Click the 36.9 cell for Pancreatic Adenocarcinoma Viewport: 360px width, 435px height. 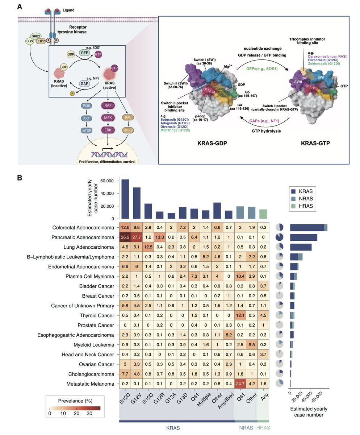(125, 237)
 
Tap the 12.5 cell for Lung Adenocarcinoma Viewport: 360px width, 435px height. (148, 247)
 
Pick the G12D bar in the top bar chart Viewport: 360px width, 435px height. (125, 199)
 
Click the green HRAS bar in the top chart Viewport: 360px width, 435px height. (263, 214)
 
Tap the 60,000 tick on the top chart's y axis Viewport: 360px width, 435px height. (107, 181)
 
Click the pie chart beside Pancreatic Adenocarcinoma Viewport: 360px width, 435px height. (279, 237)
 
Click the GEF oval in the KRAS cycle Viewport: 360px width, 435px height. (85, 53)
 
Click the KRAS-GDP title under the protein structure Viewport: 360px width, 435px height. (212, 143)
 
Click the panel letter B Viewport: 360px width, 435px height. (20, 178)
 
